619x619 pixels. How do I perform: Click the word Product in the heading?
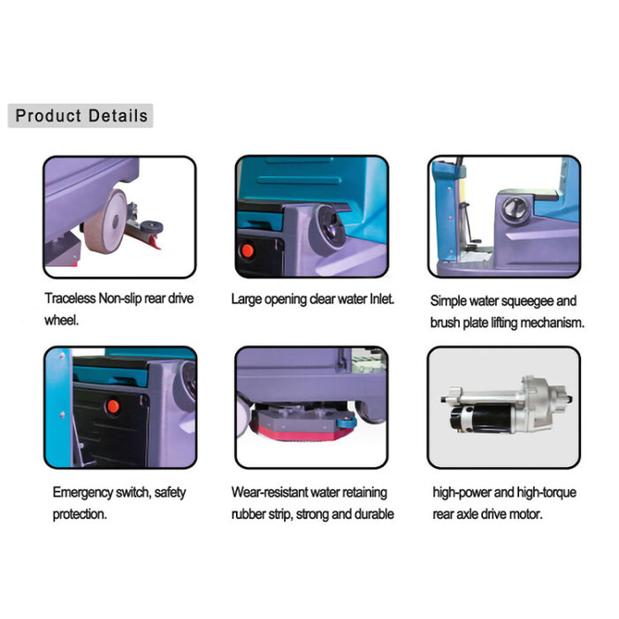pyautogui.click(x=48, y=116)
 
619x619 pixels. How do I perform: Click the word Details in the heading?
pyautogui.click(x=118, y=116)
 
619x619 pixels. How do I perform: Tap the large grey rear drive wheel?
pyautogui.click(x=105, y=221)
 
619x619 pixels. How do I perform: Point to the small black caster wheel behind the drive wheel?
pyautogui.click(x=152, y=227)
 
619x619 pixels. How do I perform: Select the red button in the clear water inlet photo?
pyautogui.click(x=248, y=250)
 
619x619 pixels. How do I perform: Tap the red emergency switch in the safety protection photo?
pyautogui.click(x=113, y=406)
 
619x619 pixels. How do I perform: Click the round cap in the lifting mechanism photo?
pyautogui.click(x=515, y=208)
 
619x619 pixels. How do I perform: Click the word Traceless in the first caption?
pyautogui.click(x=70, y=299)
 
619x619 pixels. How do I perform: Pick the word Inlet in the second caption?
pyautogui.click(x=382, y=299)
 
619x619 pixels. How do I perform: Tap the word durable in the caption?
pyautogui.click(x=374, y=515)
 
